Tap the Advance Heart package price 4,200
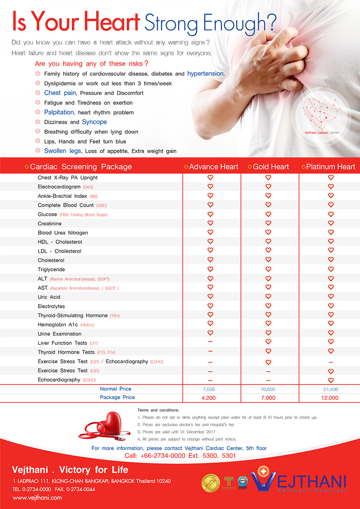tap(209, 398)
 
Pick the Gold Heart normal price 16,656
tap(268, 389)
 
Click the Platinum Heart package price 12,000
tap(330, 398)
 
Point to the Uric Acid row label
tap(49, 297)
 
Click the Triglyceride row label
tap(51, 270)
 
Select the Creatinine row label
tap(50, 223)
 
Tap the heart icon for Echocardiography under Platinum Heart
tap(331, 380)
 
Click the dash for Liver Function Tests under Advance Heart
tap(210, 343)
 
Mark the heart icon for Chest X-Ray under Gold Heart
tap(268, 178)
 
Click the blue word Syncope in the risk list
tap(94, 122)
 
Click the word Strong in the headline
tap(171, 21)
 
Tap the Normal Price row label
tap(115, 389)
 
